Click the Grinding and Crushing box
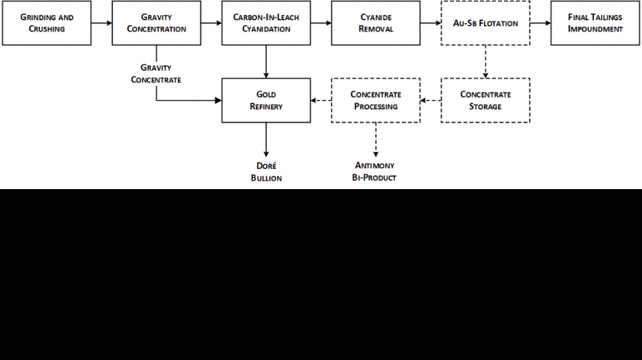click(x=47, y=24)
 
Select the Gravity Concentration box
click(x=156, y=24)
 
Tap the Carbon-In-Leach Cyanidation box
click(x=266, y=24)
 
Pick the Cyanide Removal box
click(x=375, y=24)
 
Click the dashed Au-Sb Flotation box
click(x=485, y=24)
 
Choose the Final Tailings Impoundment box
click(x=595, y=24)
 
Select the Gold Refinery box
click(x=266, y=101)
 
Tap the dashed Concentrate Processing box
click(x=375, y=101)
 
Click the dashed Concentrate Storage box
click(x=485, y=101)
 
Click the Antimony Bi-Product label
click(x=375, y=172)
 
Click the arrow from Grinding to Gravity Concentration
click(x=101, y=24)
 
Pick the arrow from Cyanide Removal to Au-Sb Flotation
click(x=430, y=24)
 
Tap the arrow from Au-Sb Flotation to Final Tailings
click(x=540, y=24)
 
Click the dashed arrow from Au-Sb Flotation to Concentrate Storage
click(x=485, y=61)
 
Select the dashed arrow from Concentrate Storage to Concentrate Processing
click(x=430, y=101)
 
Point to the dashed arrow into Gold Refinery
click(x=320, y=101)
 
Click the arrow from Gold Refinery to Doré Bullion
click(x=266, y=140)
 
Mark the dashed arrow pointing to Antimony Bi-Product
click(x=375, y=140)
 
